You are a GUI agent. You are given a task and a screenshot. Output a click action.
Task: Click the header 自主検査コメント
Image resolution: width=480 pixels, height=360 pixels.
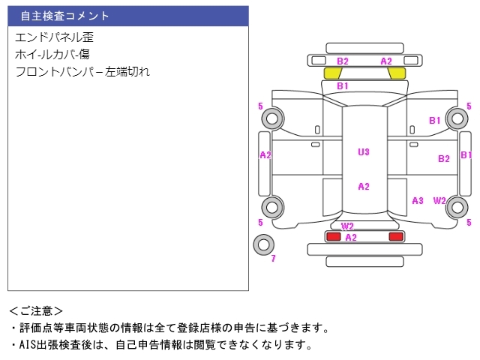(64, 16)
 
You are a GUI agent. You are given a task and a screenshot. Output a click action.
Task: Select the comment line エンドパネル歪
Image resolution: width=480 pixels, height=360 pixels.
(53, 37)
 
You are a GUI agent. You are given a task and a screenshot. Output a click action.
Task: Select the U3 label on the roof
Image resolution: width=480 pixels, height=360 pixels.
(364, 152)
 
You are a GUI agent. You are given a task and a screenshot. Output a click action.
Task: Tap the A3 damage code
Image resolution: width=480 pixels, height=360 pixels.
(418, 201)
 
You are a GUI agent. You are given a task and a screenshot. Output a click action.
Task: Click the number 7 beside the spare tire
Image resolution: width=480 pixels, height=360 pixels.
(273, 259)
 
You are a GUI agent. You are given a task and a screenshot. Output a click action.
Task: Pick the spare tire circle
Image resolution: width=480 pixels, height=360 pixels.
(263, 244)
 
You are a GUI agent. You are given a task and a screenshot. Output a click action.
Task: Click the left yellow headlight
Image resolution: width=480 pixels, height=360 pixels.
(332, 73)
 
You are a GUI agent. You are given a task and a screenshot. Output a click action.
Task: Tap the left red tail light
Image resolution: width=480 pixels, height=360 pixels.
(332, 236)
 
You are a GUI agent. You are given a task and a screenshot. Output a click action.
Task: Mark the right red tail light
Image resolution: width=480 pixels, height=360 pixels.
(395, 236)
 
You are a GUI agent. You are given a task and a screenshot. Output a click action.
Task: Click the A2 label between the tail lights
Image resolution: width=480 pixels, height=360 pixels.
(350, 237)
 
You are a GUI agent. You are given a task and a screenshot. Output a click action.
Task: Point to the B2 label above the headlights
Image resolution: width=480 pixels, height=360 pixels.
(343, 61)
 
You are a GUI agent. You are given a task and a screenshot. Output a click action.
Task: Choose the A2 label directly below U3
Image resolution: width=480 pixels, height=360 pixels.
(364, 187)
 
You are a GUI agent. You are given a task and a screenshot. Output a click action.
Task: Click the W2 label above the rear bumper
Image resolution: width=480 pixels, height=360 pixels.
(347, 226)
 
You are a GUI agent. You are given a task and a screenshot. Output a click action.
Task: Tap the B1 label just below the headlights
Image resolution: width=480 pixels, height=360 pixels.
(343, 87)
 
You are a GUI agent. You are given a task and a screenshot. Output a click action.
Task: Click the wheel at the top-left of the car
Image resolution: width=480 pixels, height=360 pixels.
(271, 118)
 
